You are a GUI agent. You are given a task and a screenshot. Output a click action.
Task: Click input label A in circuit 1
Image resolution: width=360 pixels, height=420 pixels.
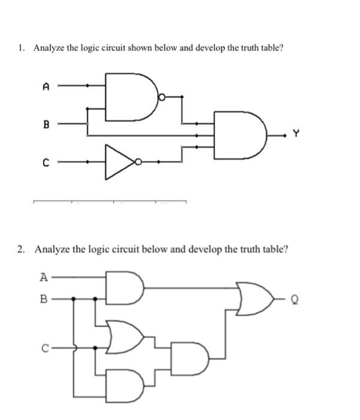coord(46,86)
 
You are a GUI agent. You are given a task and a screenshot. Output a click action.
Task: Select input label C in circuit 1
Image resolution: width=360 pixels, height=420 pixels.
coord(46,161)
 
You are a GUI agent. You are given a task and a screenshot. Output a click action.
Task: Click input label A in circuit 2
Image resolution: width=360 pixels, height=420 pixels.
coord(43,277)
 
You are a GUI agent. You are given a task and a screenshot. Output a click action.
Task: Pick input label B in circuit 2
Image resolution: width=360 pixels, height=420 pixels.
coord(43,296)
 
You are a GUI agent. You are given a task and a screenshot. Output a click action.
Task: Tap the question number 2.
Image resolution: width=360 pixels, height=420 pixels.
coord(22,248)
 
